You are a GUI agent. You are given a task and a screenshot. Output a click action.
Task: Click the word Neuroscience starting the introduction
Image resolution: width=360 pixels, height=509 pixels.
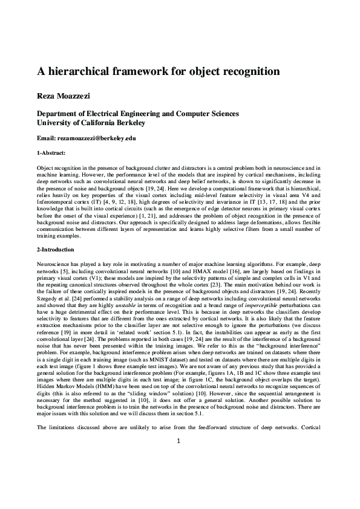[54, 264]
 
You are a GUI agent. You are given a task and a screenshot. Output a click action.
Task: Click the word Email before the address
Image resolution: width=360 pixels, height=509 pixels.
[47, 138]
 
